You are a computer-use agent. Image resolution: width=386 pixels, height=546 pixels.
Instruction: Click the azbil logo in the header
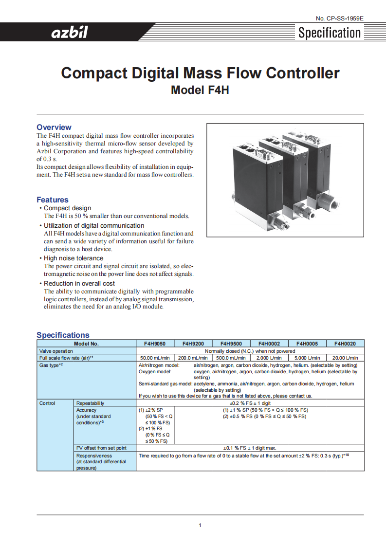pyautogui.click(x=70, y=33)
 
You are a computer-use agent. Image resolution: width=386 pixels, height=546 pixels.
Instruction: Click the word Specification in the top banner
pyautogui.click(x=330, y=33)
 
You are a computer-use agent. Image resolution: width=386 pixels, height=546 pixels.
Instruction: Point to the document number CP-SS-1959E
pyautogui.click(x=339, y=18)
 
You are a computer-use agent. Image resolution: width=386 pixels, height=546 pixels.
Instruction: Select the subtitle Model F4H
pyautogui.click(x=200, y=90)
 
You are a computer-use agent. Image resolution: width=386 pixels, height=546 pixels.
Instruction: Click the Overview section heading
pyautogui.click(x=54, y=127)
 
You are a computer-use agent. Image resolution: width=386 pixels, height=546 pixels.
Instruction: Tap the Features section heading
pyautogui.click(x=53, y=200)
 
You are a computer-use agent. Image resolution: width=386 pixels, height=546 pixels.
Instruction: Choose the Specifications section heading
pyautogui.click(x=63, y=335)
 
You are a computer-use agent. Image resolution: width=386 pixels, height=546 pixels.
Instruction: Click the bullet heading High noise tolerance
pyautogui.click(x=74, y=258)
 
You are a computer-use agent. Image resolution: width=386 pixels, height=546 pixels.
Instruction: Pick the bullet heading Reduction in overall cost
pyautogui.click(x=79, y=283)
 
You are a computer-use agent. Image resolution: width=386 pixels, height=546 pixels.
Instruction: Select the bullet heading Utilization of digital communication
pyautogui.click(x=94, y=225)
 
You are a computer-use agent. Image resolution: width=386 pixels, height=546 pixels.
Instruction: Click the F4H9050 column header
pyautogui.click(x=154, y=344)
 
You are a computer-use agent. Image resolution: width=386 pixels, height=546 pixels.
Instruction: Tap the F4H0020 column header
pyautogui.click(x=345, y=344)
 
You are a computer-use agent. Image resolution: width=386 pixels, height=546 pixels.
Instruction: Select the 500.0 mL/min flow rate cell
pyautogui.click(x=231, y=358)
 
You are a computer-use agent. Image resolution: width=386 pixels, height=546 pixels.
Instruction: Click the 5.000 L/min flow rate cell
pyautogui.click(x=307, y=358)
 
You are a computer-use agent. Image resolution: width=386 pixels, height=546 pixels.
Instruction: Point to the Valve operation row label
pyautogui.click(x=56, y=351)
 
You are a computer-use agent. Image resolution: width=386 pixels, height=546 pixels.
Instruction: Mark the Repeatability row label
pyautogui.click(x=91, y=403)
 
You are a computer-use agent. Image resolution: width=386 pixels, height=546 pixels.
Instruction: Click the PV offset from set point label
pyautogui.click(x=101, y=448)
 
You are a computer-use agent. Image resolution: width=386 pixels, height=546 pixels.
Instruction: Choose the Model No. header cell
pyautogui.click(x=86, y=344)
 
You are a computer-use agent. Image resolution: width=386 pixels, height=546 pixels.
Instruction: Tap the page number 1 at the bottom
pyautogui.click(x=200, y=525)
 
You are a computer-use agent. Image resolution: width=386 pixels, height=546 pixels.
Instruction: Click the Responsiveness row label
pyautogui.click(x=94, y=456)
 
